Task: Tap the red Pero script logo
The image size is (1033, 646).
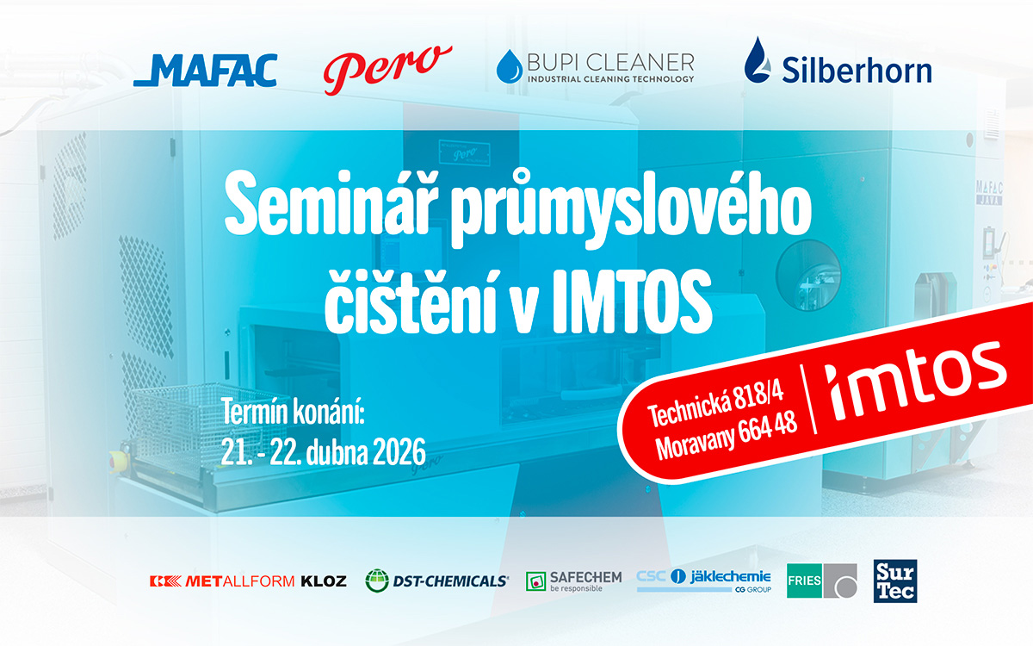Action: click(387, 67)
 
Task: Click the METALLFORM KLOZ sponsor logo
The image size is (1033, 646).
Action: click(248, 581)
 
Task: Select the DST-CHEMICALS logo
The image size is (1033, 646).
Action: click(436, 581)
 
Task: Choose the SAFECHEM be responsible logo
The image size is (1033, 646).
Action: click(573, 581)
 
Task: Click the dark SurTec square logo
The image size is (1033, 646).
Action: click(895, 581)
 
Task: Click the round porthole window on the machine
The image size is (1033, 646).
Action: click(807, 274)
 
